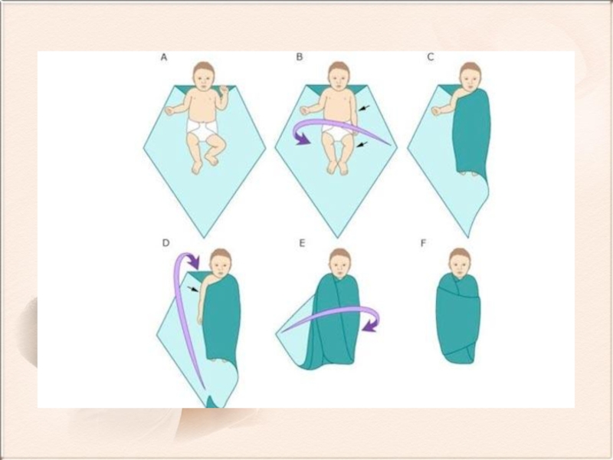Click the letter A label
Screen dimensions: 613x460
pyautogui.click(x=164, y=57)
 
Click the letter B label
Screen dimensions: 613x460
pyautogui.click(x=299, y=57)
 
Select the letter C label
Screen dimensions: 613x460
pyautogui.click(x=431, y=57)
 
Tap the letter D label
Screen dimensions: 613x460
pyautogui.click(x=166, y=243)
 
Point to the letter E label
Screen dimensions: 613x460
pyautogui.click(x=302, y=243)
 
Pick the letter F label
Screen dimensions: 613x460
pyautogui.click(x=423, y=243)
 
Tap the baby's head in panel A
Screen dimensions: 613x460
pyautogui.click(x=204, y=76)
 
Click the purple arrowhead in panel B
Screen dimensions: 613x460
pyautogui.click(x=302, y=139)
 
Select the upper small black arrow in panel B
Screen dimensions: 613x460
pyautogui.click(x=364, y=107)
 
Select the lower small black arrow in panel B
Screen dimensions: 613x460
pyautogui.click(x=362, y=145)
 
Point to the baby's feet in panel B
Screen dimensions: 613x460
pyautogui.click(x=338, y=167)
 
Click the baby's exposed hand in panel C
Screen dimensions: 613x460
pyautogui.click(x=436, y=111)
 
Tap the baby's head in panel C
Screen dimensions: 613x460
pyautogui.click(x=470, y=76)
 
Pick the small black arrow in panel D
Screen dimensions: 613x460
pyautogui.click(x=192, y=290)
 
